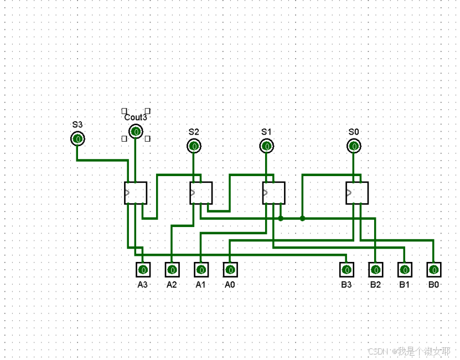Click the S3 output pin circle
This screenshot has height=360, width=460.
(78, 138)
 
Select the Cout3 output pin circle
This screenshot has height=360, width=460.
(136, 131)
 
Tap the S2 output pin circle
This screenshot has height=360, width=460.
(194, 146)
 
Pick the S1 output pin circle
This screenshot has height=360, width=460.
(267, 146)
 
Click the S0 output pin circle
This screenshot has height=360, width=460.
(354, 146)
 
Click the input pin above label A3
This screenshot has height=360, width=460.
(143, 270)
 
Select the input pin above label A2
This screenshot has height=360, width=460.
(172, 270)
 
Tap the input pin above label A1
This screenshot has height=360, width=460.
(201, 270)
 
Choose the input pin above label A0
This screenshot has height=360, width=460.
(230, 270)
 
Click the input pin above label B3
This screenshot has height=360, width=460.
(347, 270)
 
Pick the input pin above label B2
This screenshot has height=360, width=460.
(376, 270)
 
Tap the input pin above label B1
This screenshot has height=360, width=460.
(405, 270)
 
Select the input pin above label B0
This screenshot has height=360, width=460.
(434, 270)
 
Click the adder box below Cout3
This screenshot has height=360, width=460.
(136, 193)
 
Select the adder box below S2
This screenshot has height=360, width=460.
(201, 193)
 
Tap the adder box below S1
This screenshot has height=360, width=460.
(273, 193)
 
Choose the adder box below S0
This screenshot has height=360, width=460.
(357, 193)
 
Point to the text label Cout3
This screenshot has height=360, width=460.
(136, 117)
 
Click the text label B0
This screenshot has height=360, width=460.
(434, 285)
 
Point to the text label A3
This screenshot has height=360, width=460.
(143, 285)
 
